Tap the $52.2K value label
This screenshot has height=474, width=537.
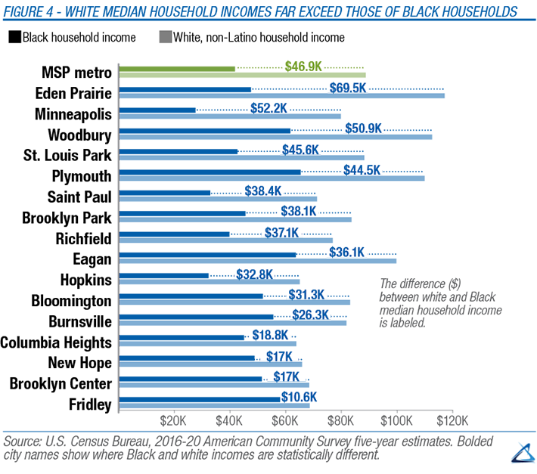click(x=270, y=108)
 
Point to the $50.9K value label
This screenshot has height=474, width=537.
click(x=364, y=129)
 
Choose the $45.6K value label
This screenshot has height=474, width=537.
click(x=300, y=149)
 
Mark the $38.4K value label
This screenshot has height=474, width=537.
click(x=261, y=191)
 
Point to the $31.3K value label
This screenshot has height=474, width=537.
click(x=306, y=294)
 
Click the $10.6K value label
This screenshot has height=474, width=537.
click(x=297, y=396)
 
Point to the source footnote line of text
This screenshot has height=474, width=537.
click(x=250, y=440)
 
